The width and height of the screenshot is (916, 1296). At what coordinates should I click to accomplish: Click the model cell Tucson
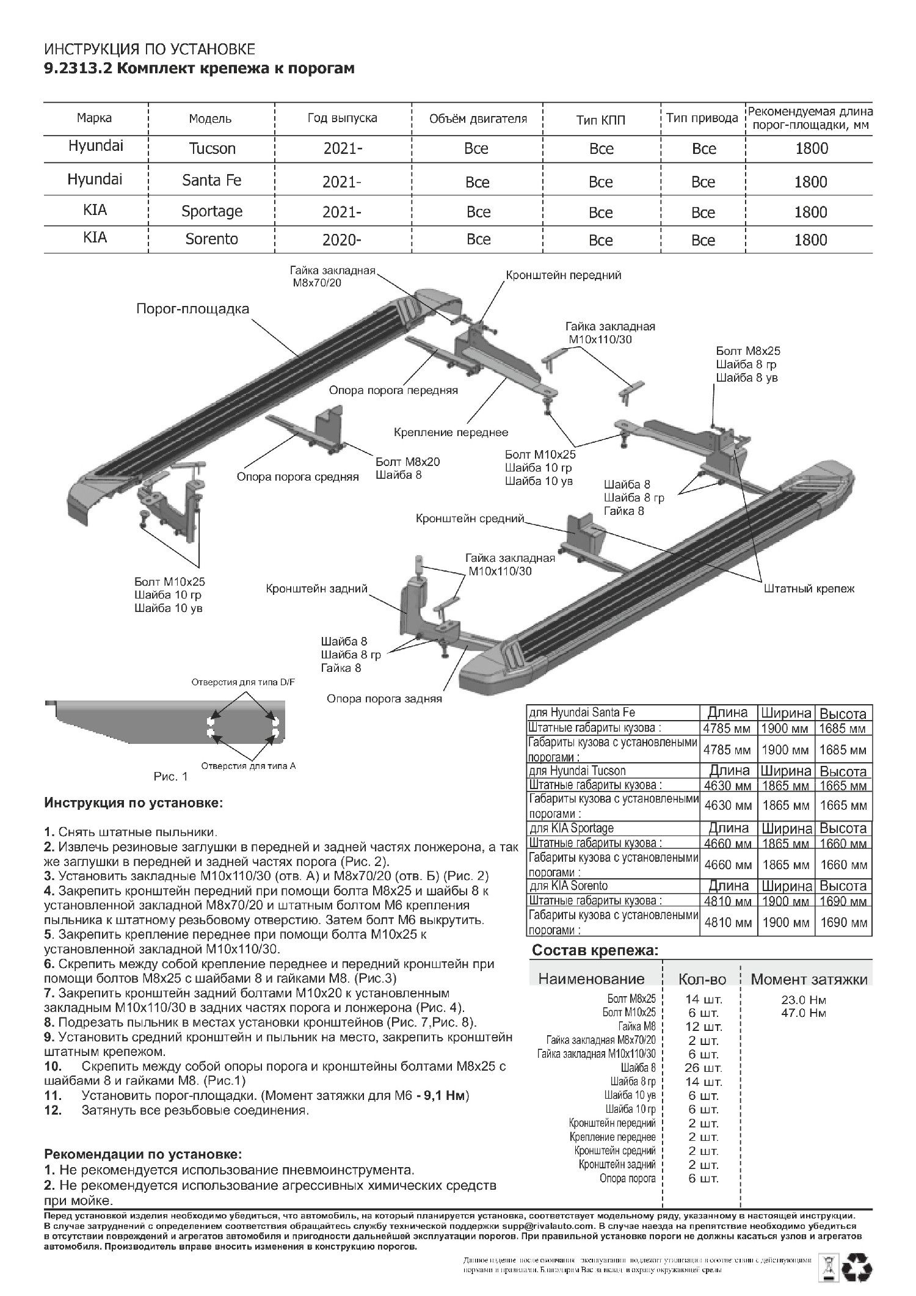[x=211, y=149]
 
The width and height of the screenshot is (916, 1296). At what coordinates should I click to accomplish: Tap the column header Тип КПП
[x=601, y=119]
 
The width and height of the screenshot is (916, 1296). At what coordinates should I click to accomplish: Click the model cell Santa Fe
[x=211, y=180]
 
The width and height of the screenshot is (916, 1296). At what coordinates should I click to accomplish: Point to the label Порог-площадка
[x=192, y=309]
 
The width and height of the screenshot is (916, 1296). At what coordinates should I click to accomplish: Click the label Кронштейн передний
[x=563, y=275]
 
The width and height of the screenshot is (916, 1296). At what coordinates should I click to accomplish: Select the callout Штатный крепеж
[x=809, y=589]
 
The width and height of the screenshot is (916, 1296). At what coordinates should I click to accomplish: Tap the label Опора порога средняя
[x=297, y=476]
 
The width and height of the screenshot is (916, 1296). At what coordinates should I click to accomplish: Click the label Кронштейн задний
[x=316, y=589]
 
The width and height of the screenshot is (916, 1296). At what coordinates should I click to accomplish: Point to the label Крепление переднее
[x=451, y=432]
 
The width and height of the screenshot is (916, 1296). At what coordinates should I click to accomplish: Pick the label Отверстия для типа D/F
[x=243, y=682]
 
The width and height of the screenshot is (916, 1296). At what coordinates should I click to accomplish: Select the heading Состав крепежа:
[x=595, y=950]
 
